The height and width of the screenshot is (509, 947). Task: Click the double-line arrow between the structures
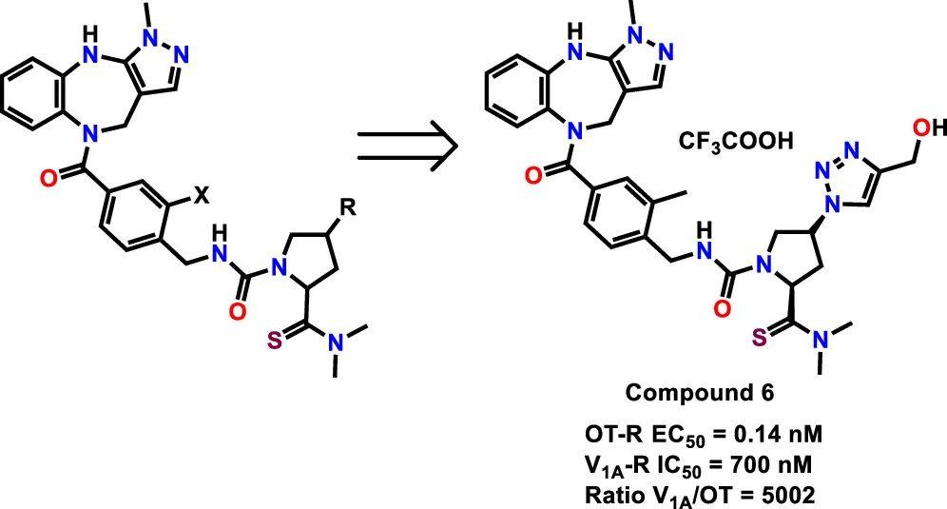407,146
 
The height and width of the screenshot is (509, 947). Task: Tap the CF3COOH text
735,142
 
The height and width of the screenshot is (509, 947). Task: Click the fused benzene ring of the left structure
35,100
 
